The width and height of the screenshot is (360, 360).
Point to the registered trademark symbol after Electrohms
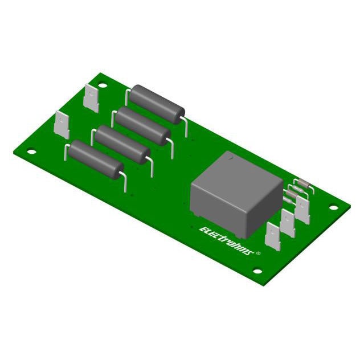coord(259,252)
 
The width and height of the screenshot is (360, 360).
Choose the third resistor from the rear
coord(121,144)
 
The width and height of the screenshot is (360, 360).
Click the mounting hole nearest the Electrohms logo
coord(257,271)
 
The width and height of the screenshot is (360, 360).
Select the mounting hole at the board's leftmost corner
coord(31,152)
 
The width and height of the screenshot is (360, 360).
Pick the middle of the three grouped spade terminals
coord(288,223)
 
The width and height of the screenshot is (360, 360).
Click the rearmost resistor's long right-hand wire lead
coord(186,128)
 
